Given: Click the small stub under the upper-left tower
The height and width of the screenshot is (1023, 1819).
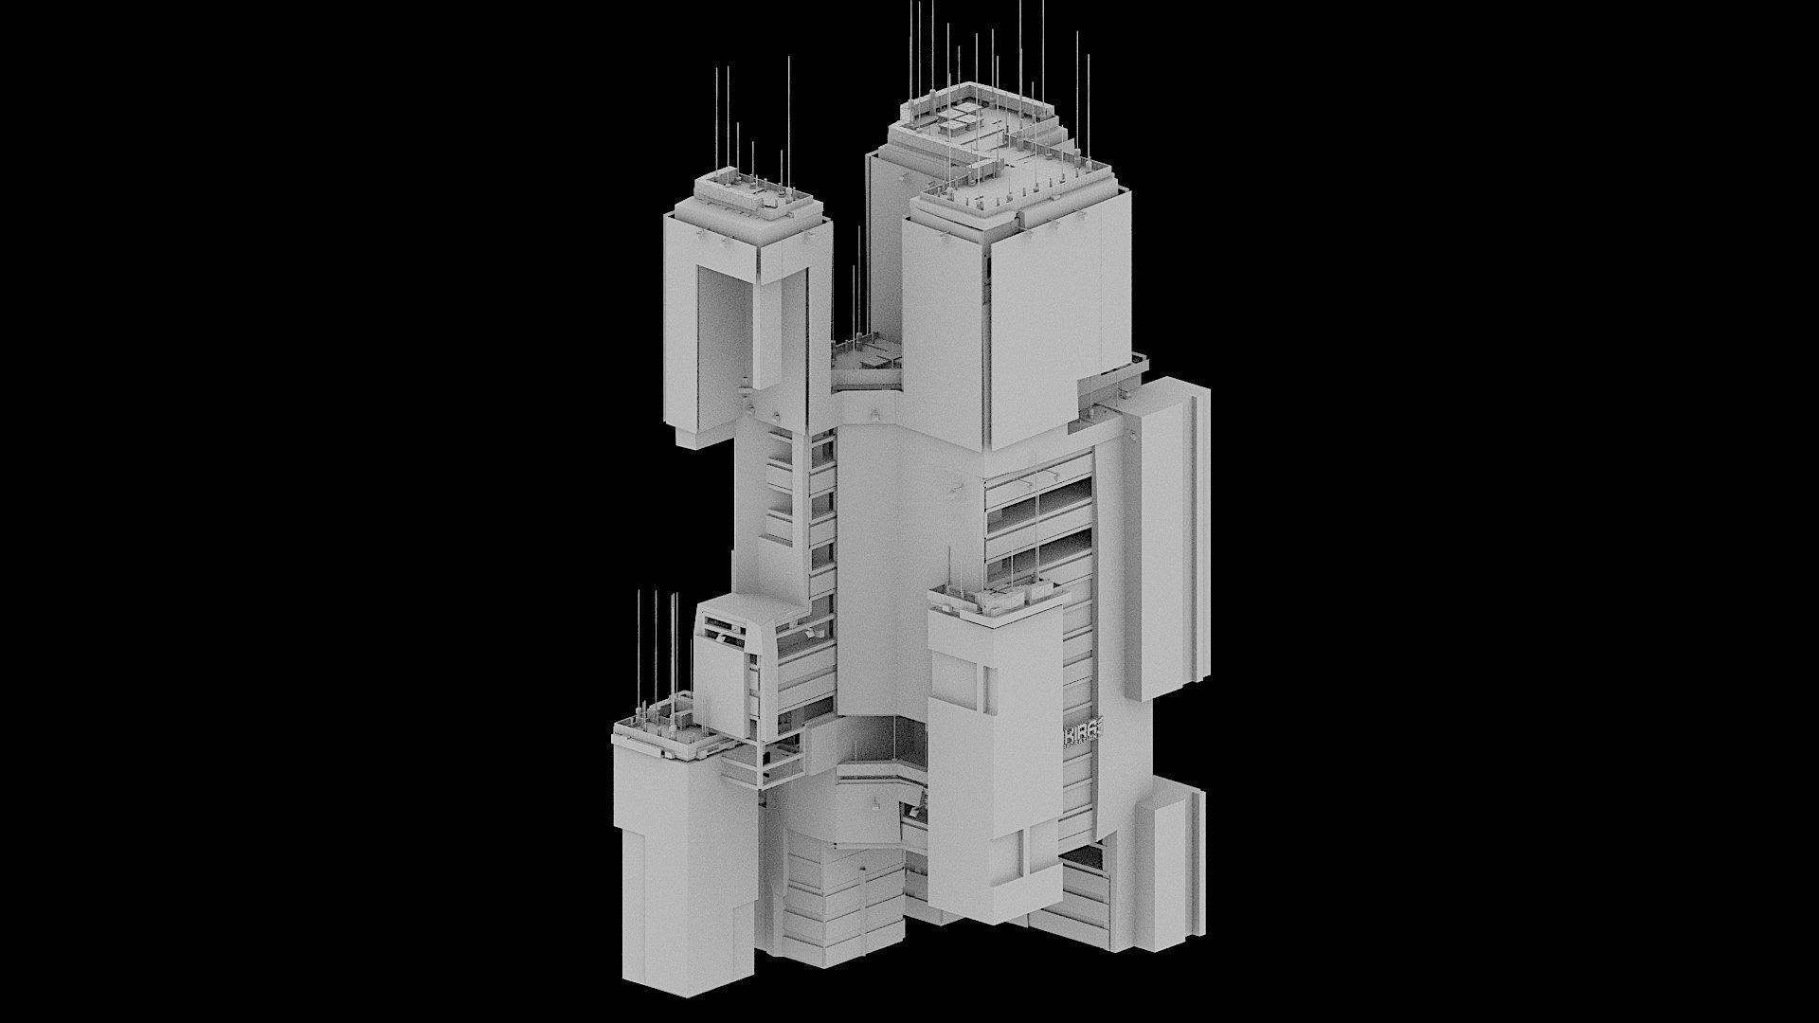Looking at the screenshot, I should point(696,436).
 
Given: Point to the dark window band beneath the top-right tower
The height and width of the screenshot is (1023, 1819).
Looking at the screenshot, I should point(1037,516).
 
